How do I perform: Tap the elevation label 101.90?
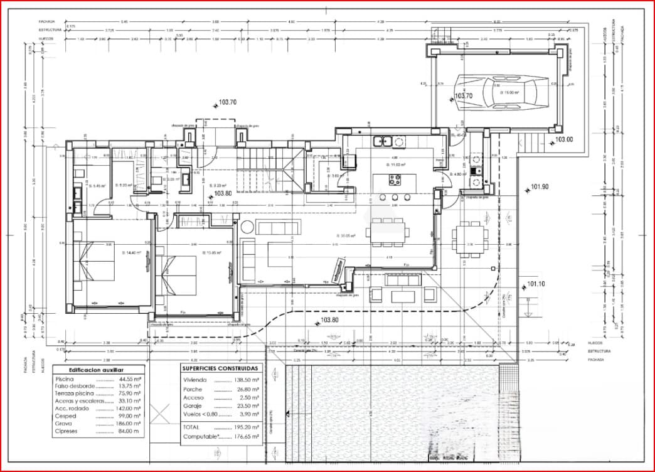[x=539, y=187]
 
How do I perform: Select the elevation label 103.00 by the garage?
[x=563, y=139]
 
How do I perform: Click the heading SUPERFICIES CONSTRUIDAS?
[x=220, y=368]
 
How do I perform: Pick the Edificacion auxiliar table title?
[x=96, y=371]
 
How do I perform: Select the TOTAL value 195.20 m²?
[x=248, y=426]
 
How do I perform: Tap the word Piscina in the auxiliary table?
[x=65, y=380]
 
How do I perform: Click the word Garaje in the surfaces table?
[x=193, y=406]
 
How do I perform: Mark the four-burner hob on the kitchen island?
[x=395, y=180]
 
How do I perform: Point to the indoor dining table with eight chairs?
[x=388, y=232]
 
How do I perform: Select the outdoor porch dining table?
[x=470, y=239]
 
